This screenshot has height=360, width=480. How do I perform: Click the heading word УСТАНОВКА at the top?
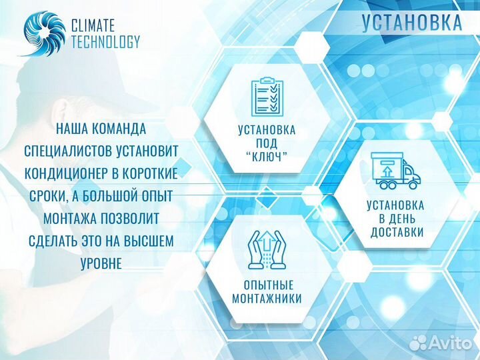(412, 22)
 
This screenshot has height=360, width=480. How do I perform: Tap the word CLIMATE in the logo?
(93, 25)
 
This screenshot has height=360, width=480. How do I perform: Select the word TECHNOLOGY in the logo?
(105, 41)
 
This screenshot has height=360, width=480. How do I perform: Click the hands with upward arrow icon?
(267, 251)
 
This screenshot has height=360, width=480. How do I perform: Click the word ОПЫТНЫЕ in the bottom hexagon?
(267, 285)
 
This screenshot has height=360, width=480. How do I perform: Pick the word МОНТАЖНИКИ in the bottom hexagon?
(267, 299)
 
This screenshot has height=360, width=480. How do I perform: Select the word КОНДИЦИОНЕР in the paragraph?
(69, 173)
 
